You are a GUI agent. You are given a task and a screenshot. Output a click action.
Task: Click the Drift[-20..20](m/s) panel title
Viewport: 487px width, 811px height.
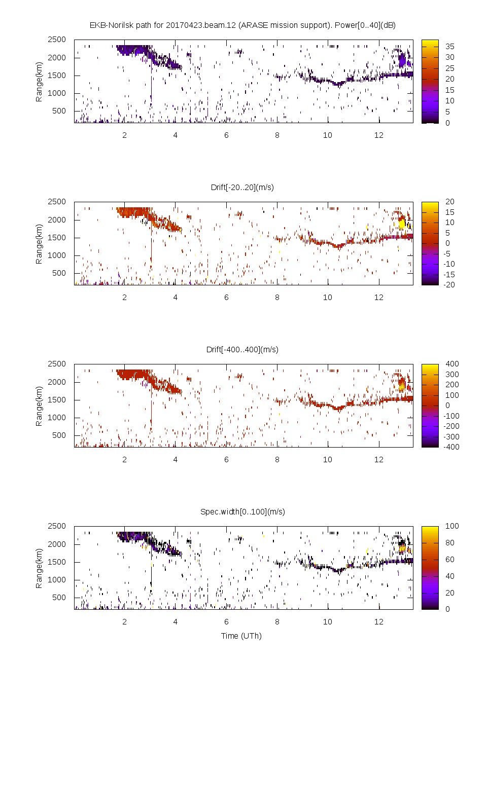242,187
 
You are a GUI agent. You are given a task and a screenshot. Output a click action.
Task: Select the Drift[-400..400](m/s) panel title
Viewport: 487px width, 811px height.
242,349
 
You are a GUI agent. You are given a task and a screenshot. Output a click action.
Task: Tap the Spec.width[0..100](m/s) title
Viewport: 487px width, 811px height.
242,511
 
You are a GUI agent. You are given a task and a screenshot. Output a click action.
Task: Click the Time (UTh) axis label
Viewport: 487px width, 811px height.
241,636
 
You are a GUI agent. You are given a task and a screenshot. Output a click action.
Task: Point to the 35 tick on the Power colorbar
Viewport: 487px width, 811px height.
449,46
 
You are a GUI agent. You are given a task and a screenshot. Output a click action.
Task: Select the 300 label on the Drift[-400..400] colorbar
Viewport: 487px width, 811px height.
451,374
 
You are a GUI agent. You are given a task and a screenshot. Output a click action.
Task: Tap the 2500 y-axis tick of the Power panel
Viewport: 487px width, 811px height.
57,40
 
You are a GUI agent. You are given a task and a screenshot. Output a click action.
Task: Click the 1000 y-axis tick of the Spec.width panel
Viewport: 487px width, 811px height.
57,579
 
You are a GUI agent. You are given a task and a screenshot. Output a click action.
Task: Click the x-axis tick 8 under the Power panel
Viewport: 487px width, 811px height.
277,135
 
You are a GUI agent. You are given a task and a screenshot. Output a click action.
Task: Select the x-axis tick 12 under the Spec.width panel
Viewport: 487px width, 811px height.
378,621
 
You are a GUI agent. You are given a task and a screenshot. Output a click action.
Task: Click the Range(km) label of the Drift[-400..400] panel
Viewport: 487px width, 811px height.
39,405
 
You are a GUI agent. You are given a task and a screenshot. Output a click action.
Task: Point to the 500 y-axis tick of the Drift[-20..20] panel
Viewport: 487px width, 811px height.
59,273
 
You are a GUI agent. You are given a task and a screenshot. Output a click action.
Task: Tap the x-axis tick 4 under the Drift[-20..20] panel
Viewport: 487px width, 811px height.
176,297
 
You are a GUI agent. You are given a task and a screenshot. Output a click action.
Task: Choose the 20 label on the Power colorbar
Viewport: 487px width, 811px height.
449,79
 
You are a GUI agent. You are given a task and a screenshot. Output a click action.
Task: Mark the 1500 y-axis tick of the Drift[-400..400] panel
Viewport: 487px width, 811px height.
57,399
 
